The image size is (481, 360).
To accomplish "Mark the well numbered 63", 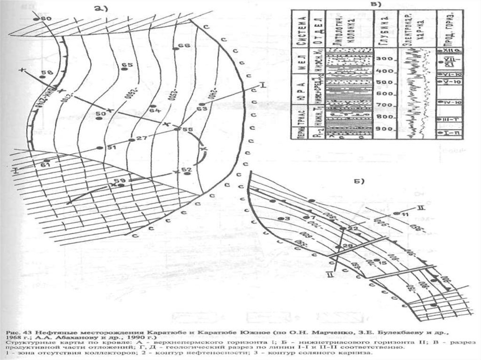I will click(201, 105).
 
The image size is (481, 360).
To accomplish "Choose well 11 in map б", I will click(396, 214).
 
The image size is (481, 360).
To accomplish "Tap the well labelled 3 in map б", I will click(280, 219).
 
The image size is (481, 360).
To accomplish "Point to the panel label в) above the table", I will click(375, 4).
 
